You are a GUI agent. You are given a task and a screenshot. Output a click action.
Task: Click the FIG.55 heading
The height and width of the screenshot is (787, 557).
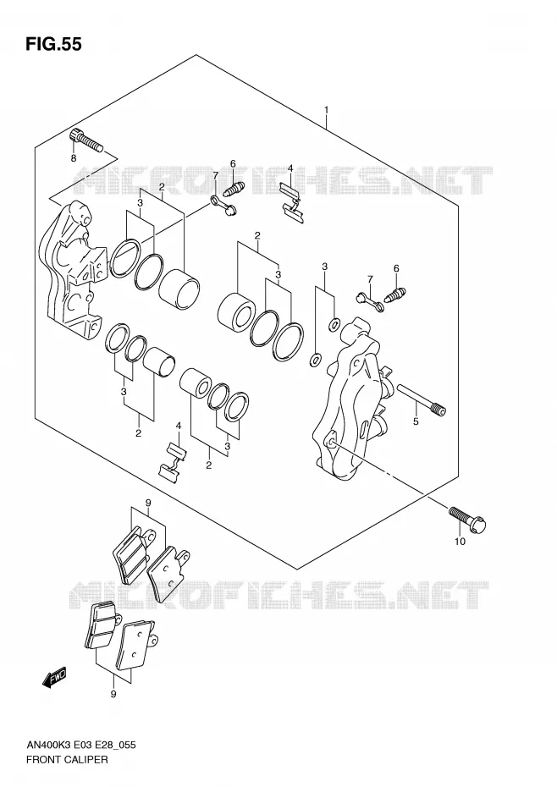[x=53, y=44]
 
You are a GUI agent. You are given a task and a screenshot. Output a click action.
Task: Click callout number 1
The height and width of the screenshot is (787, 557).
[x=327, y=110]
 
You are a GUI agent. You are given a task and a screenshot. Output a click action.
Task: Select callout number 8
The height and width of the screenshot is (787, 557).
[x=74, y=158]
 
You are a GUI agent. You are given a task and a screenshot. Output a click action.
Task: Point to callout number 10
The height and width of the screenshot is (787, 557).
[x=460, y=541]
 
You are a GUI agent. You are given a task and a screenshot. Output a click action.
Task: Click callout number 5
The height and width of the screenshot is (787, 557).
[x=416, y=421]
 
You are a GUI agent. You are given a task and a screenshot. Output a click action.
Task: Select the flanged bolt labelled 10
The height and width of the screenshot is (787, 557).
[x=468, y=520]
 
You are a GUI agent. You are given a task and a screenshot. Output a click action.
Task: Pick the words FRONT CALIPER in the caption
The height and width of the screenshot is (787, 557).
[x=67, y=759]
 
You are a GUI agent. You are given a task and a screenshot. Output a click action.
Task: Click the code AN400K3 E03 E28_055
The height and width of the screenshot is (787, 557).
[x=80, y=745]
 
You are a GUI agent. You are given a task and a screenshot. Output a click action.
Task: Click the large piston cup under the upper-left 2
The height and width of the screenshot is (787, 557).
[x=179, y=287]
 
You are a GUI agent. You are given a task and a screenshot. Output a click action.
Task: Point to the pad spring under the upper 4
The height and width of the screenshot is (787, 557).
[x=291, y=201]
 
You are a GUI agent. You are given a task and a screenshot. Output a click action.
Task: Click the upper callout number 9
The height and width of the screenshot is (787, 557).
[x=147, y=502]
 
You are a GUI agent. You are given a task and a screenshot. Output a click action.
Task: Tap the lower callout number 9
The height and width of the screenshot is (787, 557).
[x=113, y=694]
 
